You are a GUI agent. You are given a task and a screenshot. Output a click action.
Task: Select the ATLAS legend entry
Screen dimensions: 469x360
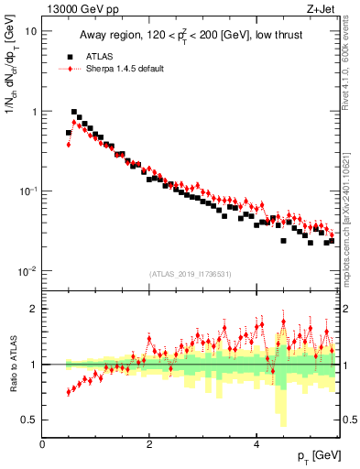click(x=98, y=55)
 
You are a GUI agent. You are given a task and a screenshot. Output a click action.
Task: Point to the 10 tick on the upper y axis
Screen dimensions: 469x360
click(x=30, y=30)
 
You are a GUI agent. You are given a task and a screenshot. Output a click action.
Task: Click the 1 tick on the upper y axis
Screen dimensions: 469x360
click(x=33, y=111)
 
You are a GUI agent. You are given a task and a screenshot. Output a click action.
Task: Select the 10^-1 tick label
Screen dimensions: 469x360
click(x=27, y=191)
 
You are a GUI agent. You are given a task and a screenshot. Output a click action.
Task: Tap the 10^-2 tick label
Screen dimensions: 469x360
click(x=27, y=271)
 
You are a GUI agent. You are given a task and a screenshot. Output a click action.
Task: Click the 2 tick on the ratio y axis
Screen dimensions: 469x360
click(x=34, y=309)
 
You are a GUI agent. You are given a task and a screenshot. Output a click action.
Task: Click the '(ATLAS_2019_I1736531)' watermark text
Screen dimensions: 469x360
click(x=190, y=274)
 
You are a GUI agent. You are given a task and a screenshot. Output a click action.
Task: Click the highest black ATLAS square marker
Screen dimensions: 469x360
click(x=74, y=114)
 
